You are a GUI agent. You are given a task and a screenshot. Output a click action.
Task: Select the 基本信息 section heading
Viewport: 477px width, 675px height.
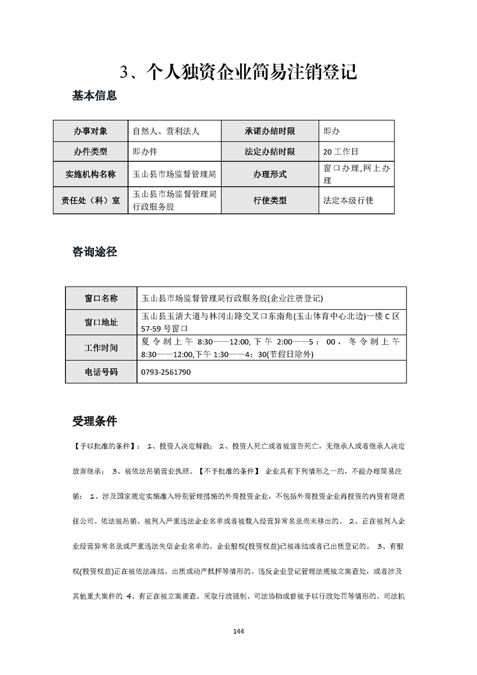[94, 95]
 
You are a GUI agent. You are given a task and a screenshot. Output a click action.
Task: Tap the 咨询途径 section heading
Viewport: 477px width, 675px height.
[94, 252]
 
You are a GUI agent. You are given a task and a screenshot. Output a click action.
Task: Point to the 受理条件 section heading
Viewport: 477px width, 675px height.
[94, 421]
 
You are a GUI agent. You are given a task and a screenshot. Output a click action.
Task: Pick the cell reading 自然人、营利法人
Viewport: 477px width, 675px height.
[166, 131]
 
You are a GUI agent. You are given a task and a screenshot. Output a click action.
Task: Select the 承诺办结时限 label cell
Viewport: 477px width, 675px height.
[269, 131]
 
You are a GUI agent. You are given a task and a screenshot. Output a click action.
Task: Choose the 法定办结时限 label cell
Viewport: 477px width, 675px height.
[269, 152]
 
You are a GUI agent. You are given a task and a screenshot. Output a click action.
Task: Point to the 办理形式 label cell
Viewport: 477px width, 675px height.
[269, 174]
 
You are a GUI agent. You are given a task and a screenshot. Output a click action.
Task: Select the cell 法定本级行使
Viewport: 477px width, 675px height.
[348, 200]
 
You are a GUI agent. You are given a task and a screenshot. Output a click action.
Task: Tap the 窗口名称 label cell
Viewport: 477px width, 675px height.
[101, 298]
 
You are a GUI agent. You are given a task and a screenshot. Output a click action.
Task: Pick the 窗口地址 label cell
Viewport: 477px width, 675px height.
[101, 322]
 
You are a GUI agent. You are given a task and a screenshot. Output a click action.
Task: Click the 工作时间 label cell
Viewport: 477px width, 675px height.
[101, 348]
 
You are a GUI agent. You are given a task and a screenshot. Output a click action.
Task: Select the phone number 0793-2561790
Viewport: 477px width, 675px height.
[165, 372]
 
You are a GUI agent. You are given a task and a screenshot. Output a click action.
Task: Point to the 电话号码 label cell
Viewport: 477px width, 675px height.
[101, 372]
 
